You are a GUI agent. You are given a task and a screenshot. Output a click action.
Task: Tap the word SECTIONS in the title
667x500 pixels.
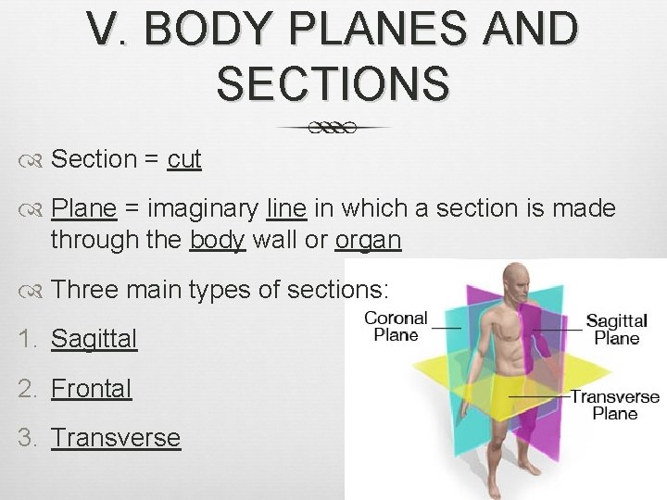[x=333, y=82]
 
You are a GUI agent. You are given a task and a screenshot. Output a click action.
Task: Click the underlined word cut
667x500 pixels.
[x=184, y=159]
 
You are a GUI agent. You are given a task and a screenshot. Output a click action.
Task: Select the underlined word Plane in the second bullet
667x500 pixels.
[x=83, y=209]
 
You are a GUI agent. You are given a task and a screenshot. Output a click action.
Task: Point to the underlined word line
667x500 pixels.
[x=284, y=209]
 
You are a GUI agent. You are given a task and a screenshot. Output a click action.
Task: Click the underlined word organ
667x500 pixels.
[x=368, y=240]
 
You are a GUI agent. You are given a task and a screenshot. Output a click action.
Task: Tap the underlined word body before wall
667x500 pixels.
[x=218, y=240]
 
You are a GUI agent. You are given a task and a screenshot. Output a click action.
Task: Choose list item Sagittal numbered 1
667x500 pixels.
[x=94, y=339]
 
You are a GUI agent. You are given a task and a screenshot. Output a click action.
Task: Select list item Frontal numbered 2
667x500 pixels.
[x=91, y=388]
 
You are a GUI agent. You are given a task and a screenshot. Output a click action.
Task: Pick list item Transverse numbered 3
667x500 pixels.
[x=116, y=437]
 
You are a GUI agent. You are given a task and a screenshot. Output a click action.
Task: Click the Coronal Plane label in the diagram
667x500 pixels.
[x=396, y=326]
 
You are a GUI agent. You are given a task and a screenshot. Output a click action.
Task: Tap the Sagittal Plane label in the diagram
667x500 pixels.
[x=616, y=329]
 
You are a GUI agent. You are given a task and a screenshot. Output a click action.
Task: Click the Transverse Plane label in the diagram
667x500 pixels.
[x=614, y=405]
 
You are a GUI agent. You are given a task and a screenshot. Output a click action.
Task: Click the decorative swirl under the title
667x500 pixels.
[x=333, y=127]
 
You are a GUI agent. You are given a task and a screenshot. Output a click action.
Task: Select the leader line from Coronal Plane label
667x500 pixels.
[x=447, y=327]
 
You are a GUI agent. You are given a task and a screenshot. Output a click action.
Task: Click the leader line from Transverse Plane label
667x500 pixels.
[x=537, y=396]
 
